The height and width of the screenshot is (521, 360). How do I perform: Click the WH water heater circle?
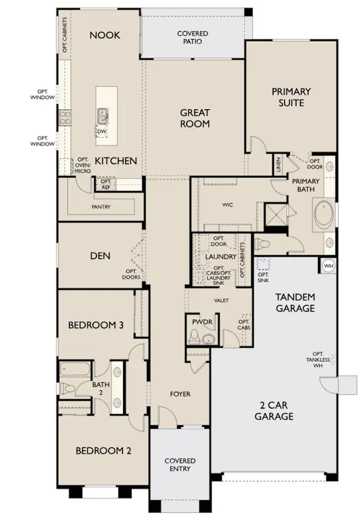point(328,266)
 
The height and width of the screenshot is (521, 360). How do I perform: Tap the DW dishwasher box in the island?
point(102,132)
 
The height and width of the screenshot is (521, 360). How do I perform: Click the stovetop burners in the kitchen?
point(65,118)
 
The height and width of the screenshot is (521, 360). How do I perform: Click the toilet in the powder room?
point(193,337)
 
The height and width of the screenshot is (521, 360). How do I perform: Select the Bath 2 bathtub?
point(75,370)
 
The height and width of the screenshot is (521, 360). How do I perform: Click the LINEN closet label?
point(278,164)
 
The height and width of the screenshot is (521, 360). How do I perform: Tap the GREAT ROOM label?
point(195,118)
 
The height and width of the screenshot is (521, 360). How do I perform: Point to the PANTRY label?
point(101,206)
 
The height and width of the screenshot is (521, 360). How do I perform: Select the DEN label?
point(100,255)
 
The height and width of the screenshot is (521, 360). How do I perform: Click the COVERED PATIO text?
point(192,38)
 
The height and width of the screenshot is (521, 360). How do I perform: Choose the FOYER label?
point(181,394)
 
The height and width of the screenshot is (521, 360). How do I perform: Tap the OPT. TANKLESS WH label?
point(318,360)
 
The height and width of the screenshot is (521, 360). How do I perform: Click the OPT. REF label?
point(106,185)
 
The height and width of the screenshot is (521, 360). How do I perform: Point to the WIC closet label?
point(227,205)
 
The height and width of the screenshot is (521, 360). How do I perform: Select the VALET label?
point(222,300)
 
